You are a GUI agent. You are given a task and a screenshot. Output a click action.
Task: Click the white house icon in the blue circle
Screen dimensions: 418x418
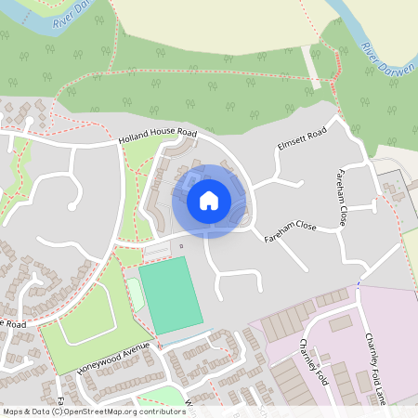209,200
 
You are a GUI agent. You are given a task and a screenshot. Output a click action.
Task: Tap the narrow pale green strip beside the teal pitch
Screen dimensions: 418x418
136,294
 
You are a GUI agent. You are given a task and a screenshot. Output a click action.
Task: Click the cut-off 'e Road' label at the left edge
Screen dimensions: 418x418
12,324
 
